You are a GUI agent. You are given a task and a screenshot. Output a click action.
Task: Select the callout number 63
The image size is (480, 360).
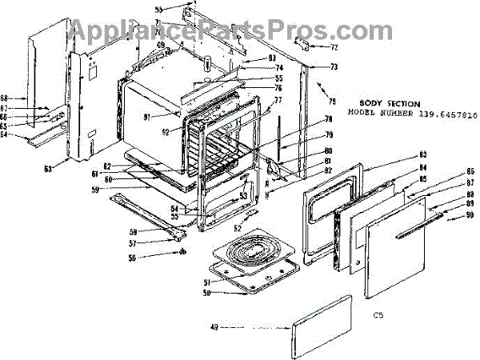(x=48, y=168)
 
